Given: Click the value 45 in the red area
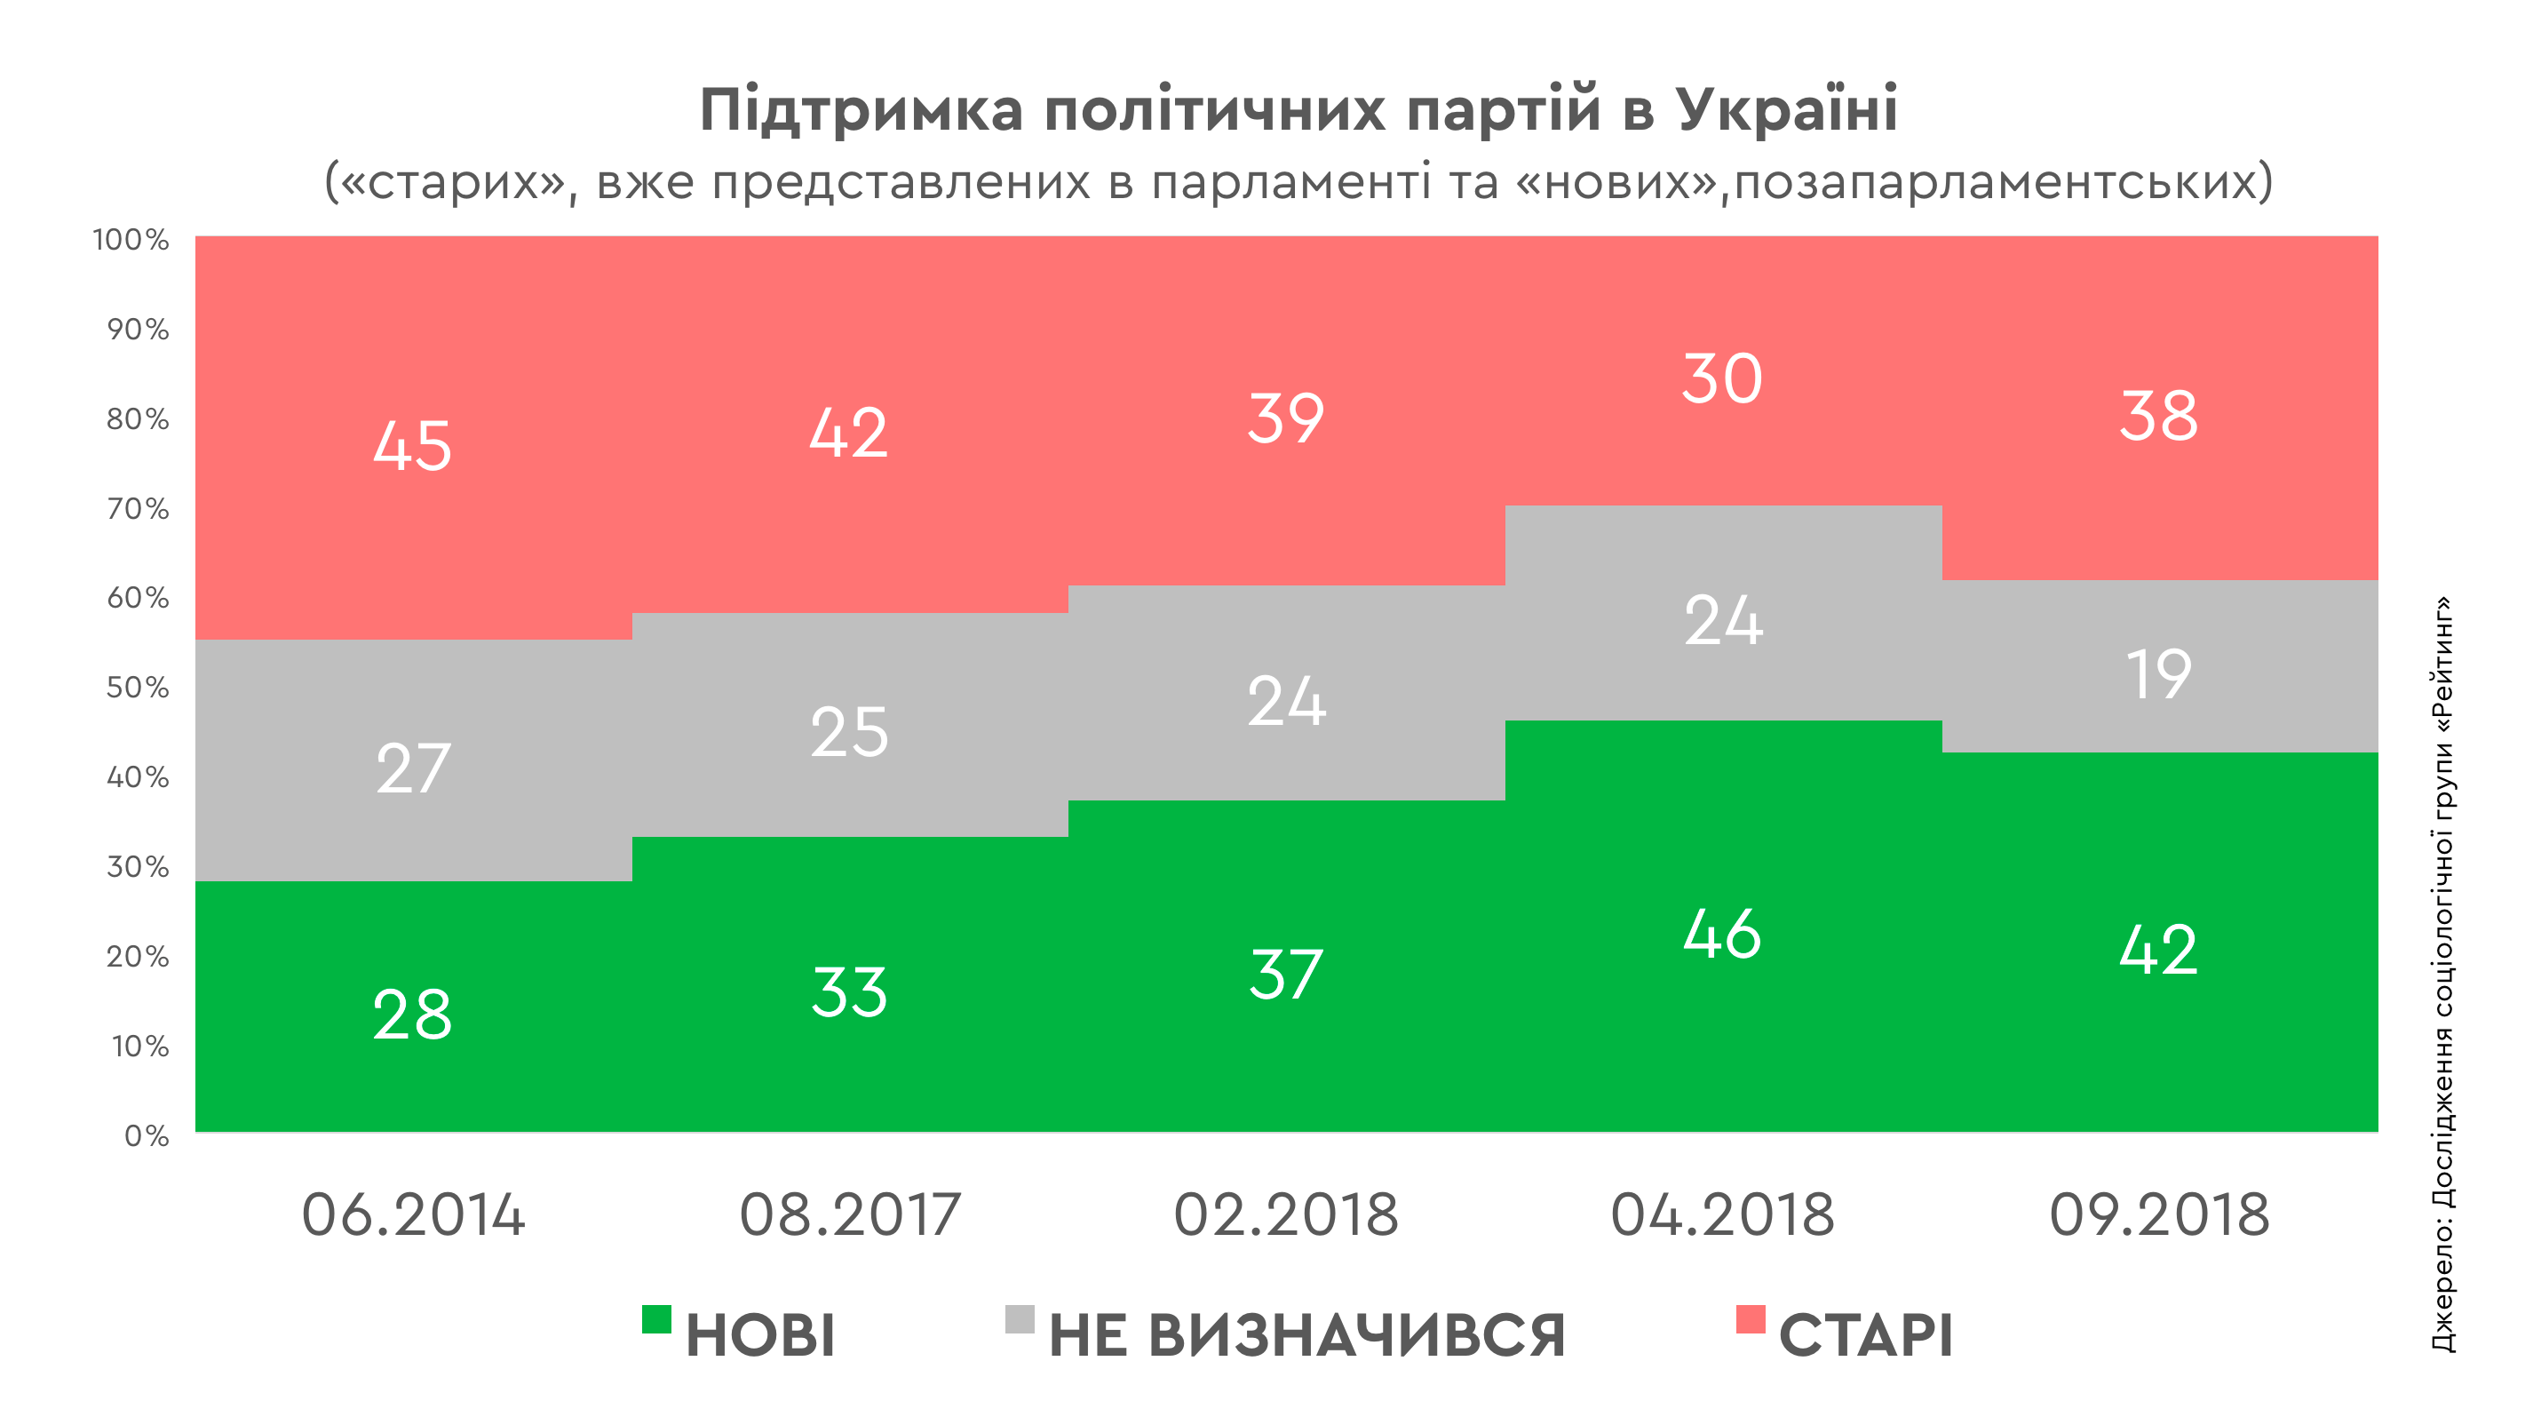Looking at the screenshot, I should click(412, 445).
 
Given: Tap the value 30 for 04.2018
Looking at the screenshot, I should click(1722, 378).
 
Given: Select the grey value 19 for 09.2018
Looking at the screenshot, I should click(2158, 674).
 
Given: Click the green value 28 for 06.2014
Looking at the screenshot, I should click(412, 1015).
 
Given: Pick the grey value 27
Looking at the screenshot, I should click(413, 768).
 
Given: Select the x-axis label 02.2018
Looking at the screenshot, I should click(1286, 1215).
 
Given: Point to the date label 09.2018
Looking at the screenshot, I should click(2159, 1215).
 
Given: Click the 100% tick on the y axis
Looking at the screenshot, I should click(131, 239).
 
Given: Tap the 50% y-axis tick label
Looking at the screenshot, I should click(138, 688).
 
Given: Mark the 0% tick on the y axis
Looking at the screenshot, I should click(147, 1135).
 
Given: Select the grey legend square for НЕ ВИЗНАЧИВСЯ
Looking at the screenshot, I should click(1020, 1318).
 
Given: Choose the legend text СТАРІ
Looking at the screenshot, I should click(1865, 1335).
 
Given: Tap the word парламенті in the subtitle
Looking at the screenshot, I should click(1290, 183).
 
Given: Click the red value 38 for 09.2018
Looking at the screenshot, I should click(2158, 416).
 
